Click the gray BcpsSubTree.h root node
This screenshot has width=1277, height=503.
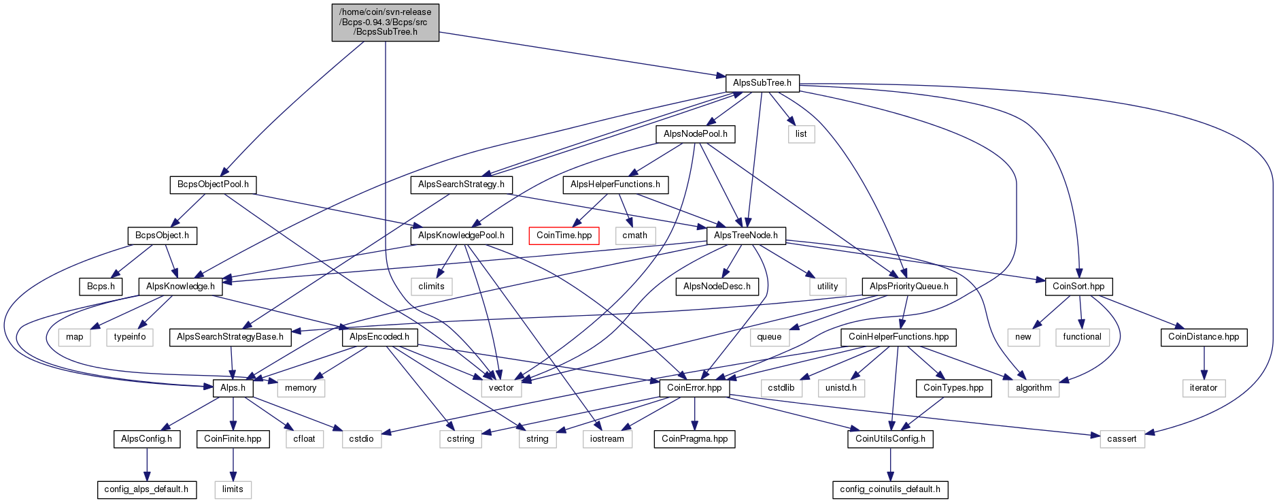coord(385,22)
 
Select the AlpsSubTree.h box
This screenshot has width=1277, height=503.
coord(762,83)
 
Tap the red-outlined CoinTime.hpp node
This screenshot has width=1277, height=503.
coord(564,236)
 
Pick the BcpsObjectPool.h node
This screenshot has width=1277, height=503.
coord(213,184)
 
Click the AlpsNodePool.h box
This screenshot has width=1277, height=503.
coord(695,134)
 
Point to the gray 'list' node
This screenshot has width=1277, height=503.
coord(801,134)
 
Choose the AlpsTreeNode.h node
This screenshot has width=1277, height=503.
coord(746,236)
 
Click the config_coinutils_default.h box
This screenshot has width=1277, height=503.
coord(889,489)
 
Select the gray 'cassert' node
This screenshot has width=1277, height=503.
coord(1121,439)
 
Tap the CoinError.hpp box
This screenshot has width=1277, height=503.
coord(694,388)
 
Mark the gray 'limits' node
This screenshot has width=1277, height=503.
coord(233,489)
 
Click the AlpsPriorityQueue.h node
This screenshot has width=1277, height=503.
coord(908,287)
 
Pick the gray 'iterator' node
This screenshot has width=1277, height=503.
coord(1203,388)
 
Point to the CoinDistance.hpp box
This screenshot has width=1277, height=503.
coord(1203,337)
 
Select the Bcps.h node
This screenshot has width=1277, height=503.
coord(101,287)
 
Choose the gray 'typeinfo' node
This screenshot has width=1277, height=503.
coord(130,337)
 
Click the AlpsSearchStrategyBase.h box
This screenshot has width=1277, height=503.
coord(230,337)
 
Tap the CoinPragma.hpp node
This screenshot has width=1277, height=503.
coord(694,439)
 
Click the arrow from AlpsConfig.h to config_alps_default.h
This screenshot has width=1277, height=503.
coord(146,464)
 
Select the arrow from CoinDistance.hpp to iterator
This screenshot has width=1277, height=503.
coord(1204,363)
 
